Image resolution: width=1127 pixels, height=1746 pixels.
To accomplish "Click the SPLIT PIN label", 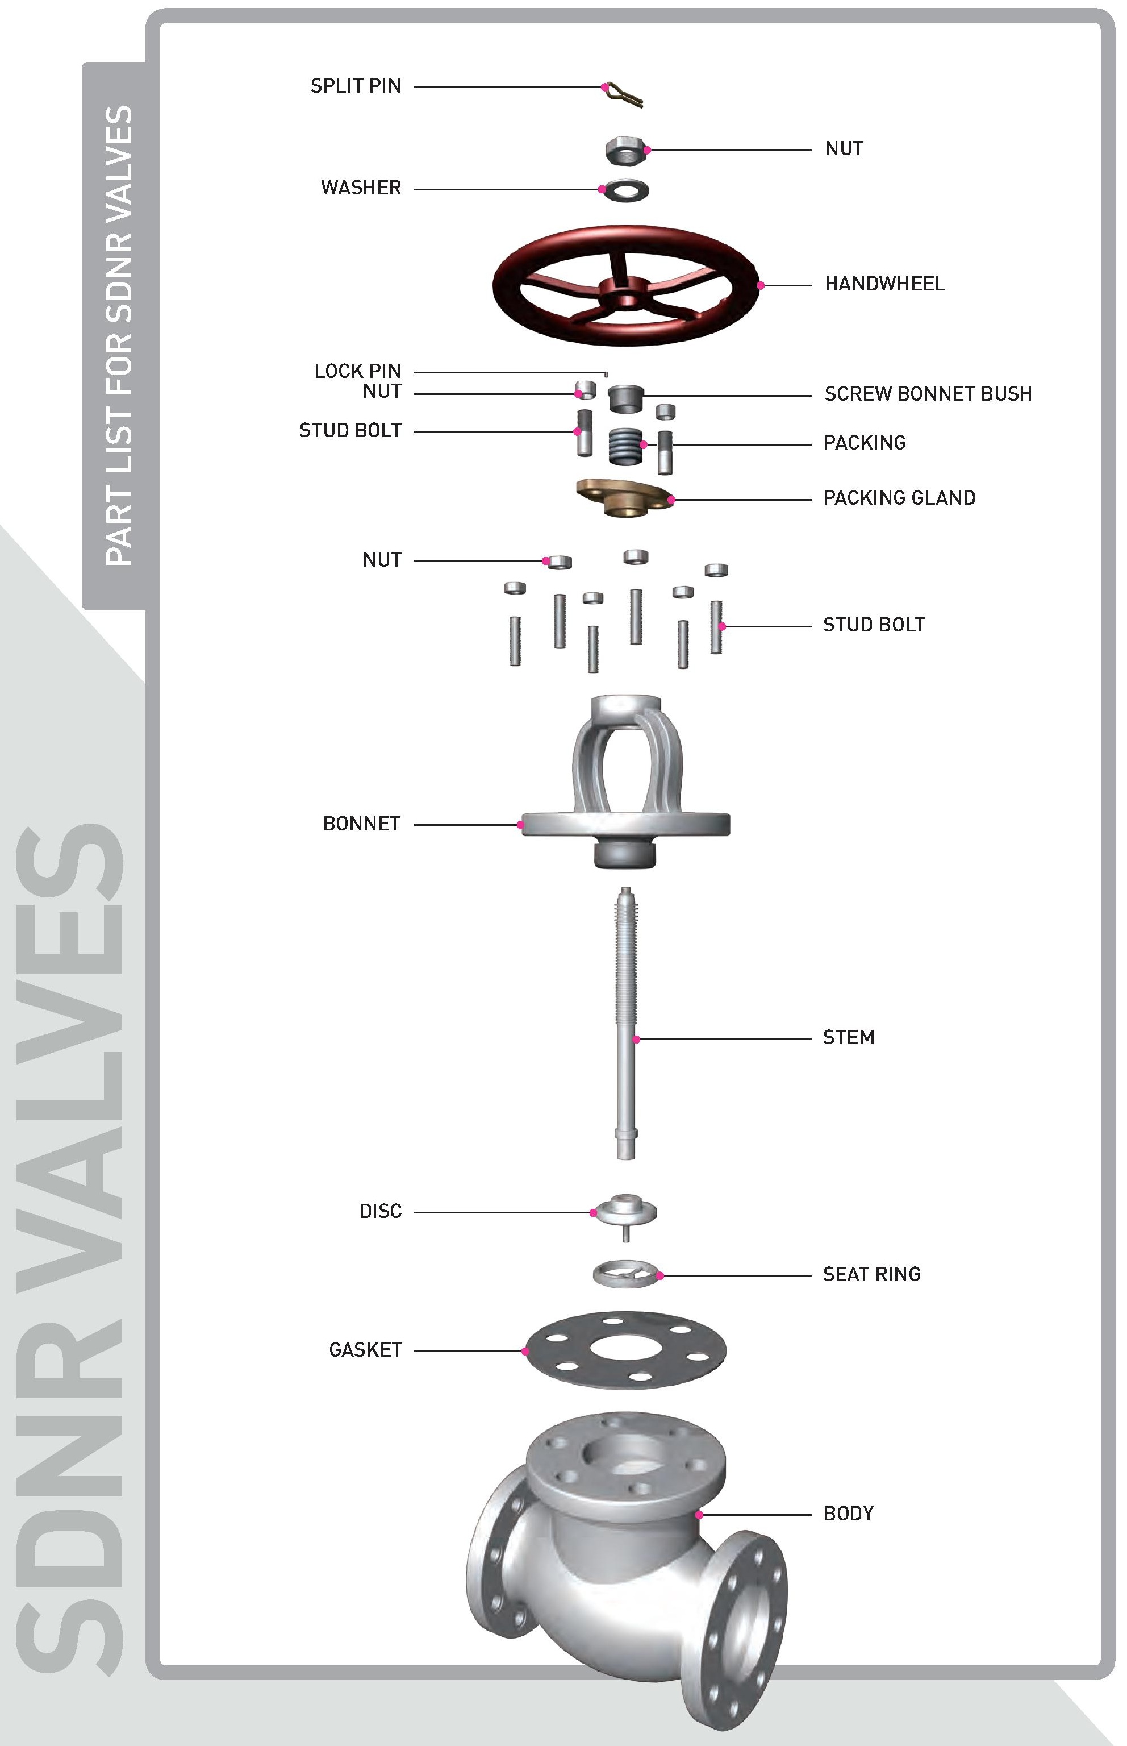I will (x=356, y=86).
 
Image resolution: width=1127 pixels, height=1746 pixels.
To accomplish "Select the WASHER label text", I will (x=361, y=188).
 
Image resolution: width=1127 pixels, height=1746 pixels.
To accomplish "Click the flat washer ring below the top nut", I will (x=626, y=190).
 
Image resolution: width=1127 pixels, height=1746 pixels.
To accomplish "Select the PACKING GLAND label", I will (x=899, y=498).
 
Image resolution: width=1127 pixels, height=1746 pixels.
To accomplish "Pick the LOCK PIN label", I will (x=357, y=371).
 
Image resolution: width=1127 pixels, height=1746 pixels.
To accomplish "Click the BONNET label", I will (x=361, y=824).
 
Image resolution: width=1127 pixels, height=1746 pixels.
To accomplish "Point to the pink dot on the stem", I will (x=637, y=1039).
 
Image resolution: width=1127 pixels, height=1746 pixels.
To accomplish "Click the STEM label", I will (x=848, y=1037).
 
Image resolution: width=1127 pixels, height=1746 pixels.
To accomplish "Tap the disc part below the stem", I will (x=626, y=1212).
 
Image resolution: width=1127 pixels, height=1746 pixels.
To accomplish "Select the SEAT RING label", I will (x=871, y=1274).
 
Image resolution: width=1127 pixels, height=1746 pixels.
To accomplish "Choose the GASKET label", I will (x=365, y=1350).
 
